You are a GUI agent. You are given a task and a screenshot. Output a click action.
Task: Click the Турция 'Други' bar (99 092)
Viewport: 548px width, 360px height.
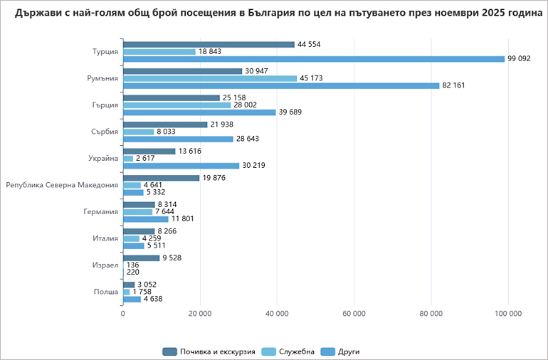pyautogui.click(x=313, y=59)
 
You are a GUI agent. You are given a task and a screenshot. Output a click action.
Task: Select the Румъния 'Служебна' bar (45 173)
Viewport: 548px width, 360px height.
pyautogui.click(x=210, y=78)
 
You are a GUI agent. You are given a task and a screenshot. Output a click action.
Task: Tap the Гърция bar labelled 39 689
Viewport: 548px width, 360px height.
pyautogui.click(x=199, y=112)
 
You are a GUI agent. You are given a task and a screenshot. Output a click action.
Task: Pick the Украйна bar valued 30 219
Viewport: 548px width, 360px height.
pyautogui.click(x=181, y=166)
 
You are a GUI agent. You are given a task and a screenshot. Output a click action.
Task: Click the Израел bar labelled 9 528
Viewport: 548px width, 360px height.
pyautogui.click(x=141, y=258)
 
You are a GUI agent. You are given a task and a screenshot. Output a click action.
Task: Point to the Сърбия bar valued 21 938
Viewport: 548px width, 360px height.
pyautogui.click(x=165, y=125)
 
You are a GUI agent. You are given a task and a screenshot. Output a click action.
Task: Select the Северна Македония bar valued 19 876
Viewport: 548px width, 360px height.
pyautogui.click(x=161, y=178)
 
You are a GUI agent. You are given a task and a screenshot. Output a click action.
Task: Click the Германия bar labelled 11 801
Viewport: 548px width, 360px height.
pyautogui.click(x=145, y=219)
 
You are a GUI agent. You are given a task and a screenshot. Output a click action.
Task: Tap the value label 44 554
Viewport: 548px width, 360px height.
pyautogui.click(x=310, y=44)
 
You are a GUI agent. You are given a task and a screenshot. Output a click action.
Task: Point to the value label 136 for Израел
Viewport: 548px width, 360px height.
pyautogui.click(x=133, y=265)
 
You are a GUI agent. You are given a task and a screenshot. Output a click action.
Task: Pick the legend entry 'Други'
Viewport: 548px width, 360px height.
pyautogui.click(x=348, y=351)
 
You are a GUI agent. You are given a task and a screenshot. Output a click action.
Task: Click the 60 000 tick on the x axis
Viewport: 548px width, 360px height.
pyautogui.click(x=354, y=314)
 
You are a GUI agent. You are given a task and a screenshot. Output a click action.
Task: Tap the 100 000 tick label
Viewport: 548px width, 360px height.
pyautogui.click(x=507, y=314)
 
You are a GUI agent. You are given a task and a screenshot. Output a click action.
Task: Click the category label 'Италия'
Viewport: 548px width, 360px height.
pyautogui.click(x=106, y=238)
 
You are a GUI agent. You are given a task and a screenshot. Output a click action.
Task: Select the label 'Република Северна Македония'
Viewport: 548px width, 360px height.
pyautogui.click(x=62, y=185)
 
